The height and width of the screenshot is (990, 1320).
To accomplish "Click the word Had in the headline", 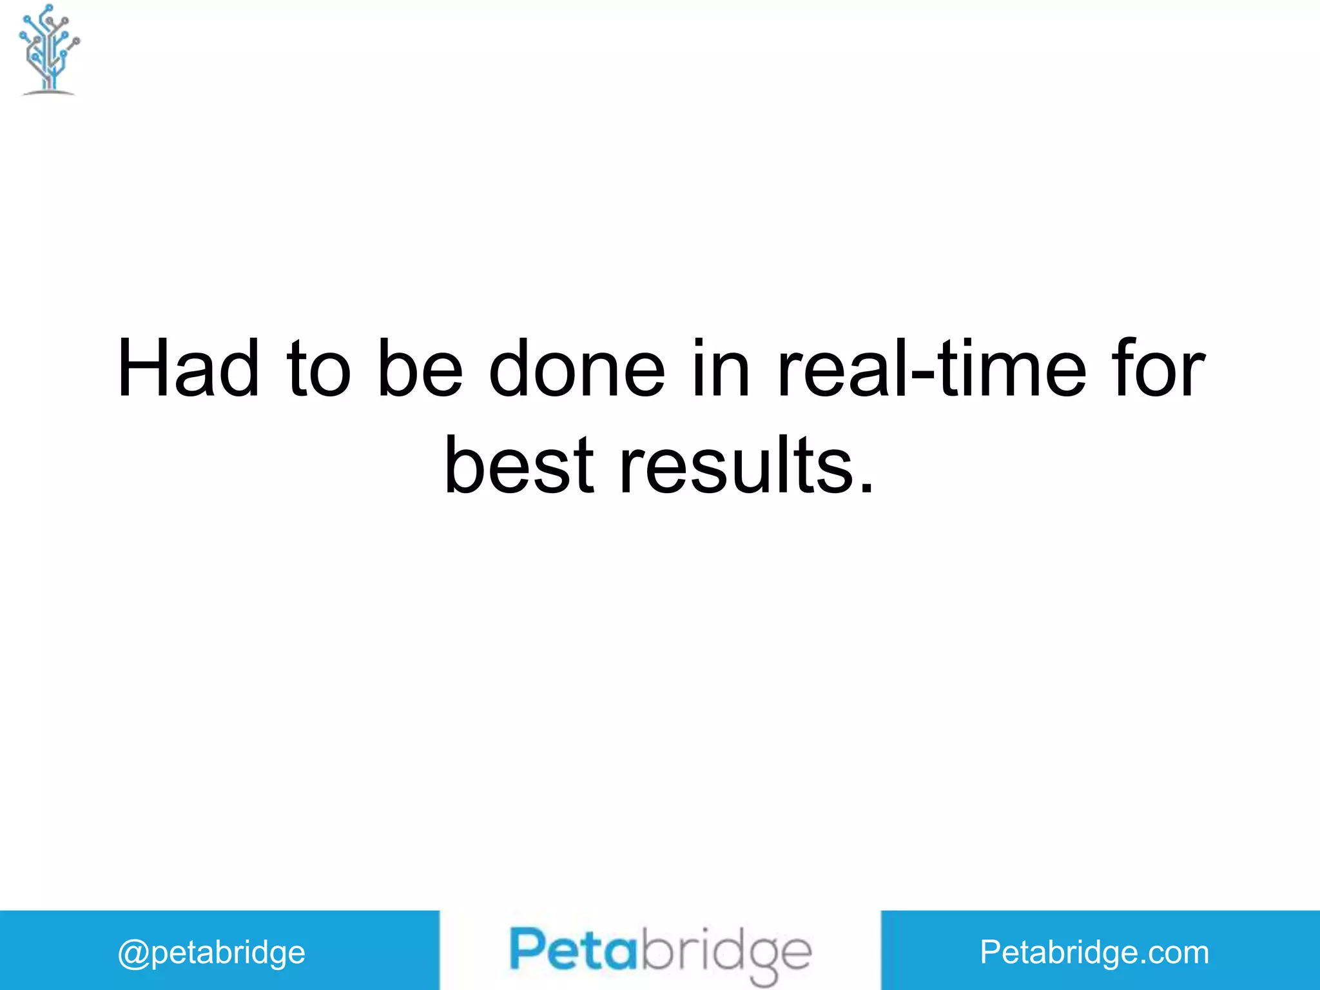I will [x=188, y=369].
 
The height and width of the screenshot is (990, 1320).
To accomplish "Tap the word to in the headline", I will [x=319, y=369].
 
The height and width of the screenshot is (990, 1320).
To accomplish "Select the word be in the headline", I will [x=420, y=369].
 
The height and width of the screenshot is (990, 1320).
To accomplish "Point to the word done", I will [x=577, y=369].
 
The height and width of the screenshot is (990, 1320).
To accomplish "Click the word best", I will [x=519, y=465].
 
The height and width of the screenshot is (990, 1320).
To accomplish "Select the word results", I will [x=735, y=465].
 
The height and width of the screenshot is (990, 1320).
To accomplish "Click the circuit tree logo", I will [x=49, y=50].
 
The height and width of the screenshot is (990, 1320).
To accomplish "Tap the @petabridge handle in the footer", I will [x=211, y=953].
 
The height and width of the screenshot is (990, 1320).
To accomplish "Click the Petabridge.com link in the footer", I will [x=1094, y=952].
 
